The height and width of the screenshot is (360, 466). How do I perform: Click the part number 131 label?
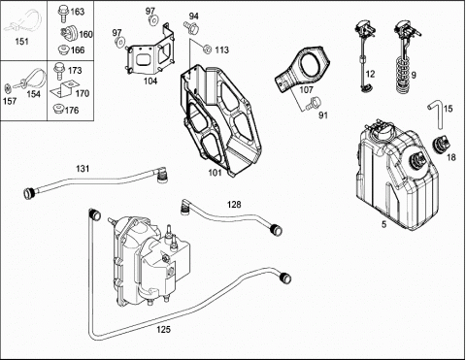[83, 169]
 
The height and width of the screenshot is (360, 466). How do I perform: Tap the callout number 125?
[163, 330]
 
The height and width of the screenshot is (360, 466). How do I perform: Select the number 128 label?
[234, 205]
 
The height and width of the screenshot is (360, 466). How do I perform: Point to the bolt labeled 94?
[190, 26]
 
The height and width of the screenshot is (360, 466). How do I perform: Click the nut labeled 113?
[207, 49]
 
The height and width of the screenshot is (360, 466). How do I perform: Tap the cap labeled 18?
[442, 144]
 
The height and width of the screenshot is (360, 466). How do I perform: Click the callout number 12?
[370, 74]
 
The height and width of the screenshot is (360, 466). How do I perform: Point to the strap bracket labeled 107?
[301, 69]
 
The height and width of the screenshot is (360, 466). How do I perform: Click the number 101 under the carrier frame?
[215, 173]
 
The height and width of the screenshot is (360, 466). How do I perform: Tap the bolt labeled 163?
[62, 12]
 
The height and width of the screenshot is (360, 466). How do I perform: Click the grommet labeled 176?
[58, 108]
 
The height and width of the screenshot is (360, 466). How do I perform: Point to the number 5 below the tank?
[383, 224]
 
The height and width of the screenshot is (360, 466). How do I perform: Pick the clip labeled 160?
[68, 33]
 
